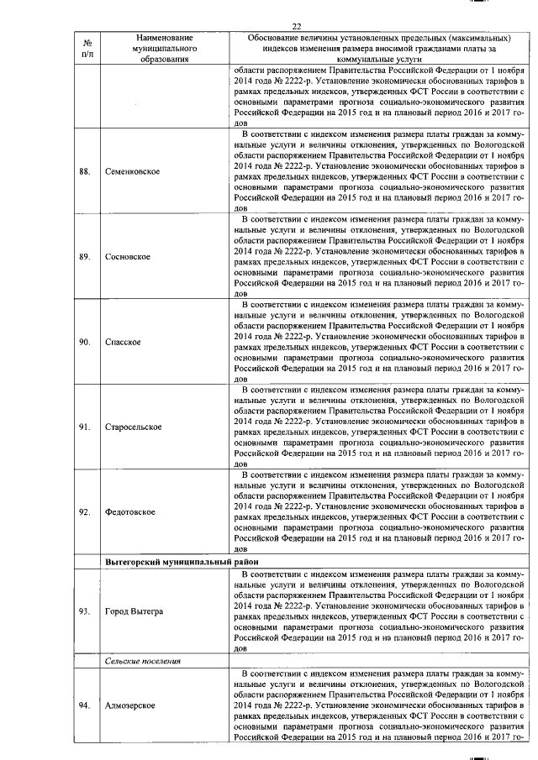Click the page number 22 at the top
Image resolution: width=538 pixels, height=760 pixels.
click(x=296, y=26)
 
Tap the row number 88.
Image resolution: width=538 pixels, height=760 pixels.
click(x=84, y=172)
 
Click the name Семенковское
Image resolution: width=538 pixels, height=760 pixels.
click(x=134, y=172)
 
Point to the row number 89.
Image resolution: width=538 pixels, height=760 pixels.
click(x=84, y=257)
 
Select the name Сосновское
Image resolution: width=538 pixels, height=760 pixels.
click(x=128, y=257)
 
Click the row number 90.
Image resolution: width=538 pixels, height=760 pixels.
click(x=84, y=343)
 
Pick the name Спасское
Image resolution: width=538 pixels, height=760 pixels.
click(x=123, y=343)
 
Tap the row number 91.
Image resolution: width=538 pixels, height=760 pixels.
click(x=84, y=427)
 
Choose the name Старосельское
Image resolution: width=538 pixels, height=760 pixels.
click(x=135, y=427)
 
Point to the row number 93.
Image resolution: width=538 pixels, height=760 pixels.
click(x=84, y=611)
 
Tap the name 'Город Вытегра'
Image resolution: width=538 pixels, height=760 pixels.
click(x=134, y=611)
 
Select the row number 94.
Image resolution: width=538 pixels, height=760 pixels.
click(x=84, y=704)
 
